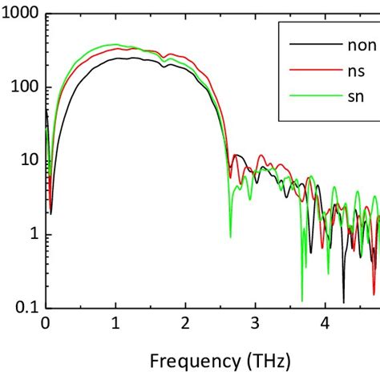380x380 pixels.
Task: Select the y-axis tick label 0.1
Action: (x=25, y=307)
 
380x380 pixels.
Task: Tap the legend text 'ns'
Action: (x=342, y=71)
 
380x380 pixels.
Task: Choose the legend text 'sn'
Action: (x=342, y=97)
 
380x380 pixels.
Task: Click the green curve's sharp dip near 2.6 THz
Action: (x=230, y=236)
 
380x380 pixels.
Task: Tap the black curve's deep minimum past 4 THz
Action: (x=343, y=301)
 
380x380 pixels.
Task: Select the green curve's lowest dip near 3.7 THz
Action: (x=302, y=300)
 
